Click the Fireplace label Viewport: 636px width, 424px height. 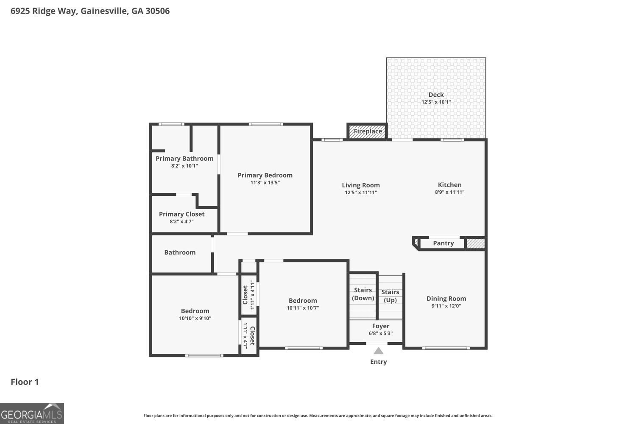point(368,131)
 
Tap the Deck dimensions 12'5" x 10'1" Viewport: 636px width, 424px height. point(436,102)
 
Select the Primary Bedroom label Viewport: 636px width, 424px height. point(265,175)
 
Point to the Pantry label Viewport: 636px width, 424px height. point(443,243)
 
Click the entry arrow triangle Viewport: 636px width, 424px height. point(378,351)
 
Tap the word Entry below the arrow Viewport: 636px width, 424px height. point(379,362)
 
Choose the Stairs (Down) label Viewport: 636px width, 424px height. point(363,294)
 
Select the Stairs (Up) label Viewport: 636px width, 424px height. point(390,296)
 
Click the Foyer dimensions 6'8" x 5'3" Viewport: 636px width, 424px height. point(380,333)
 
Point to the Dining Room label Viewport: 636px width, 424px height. point(446,298)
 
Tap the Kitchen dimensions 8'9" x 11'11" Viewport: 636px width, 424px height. point(449,192)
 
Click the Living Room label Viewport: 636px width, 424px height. point(360,185)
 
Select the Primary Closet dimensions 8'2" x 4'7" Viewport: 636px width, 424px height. point(182,221)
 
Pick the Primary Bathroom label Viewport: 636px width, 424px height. point(184,159)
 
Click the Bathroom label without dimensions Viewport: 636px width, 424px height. point(180,252)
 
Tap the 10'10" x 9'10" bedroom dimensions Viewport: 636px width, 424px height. point(195,318)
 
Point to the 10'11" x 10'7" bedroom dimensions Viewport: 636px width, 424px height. point(303,308)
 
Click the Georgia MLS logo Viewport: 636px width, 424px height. point(32,413)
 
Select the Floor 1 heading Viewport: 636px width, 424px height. point(25,382)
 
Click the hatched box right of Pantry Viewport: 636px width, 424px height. point(476,243)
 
